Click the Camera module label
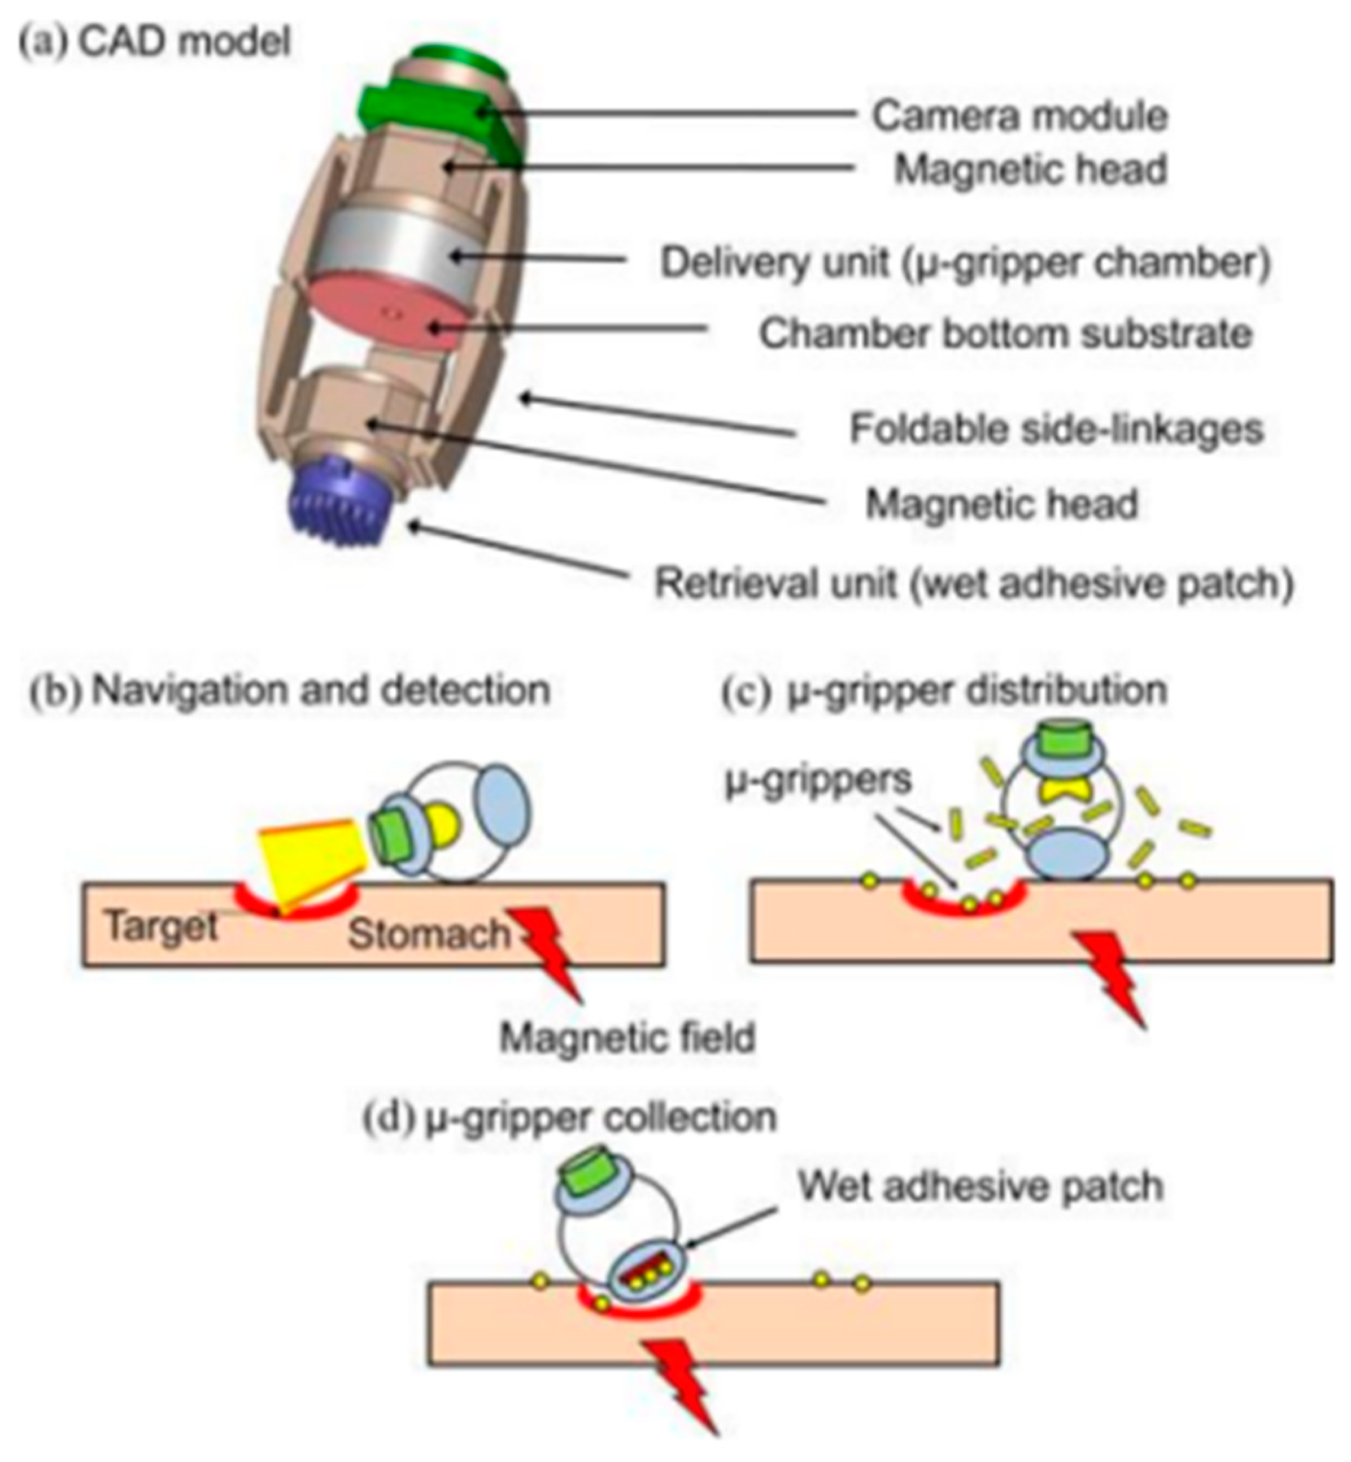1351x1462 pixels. click(x=1019, y=116)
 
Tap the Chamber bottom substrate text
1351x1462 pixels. click(x=1006, y=334)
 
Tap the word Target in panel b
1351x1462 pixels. click(x=162, y=927)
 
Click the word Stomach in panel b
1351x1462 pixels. click(x=428, y=934)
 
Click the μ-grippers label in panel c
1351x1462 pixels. click(x=818, y=780)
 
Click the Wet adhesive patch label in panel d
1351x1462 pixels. click(x=980, y=1185)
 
